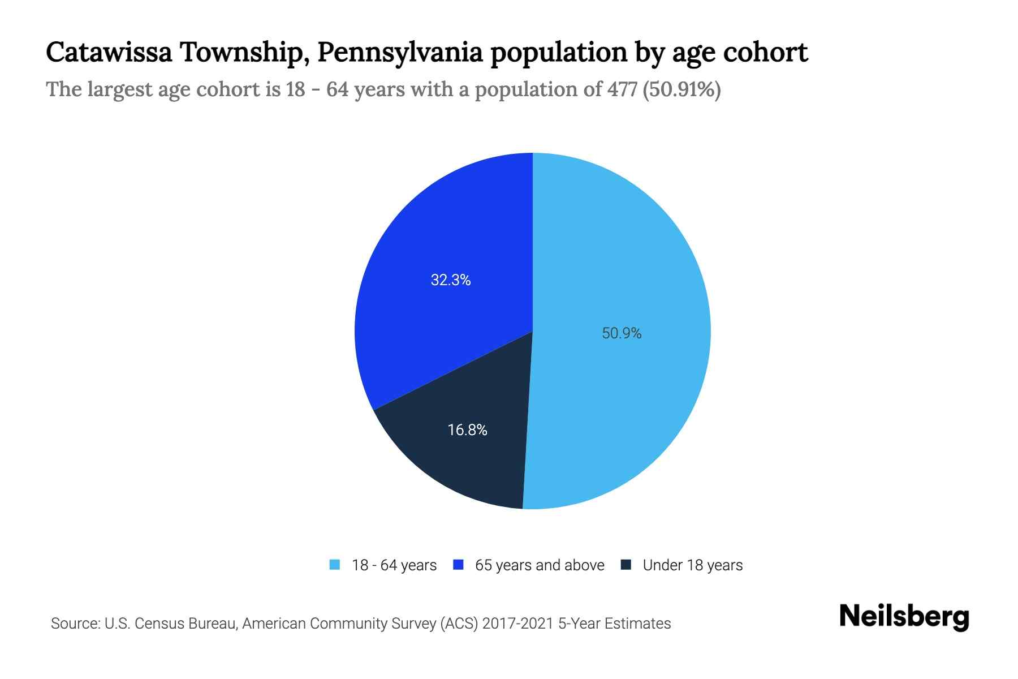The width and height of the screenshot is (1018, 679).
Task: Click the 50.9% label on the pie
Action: coord(622,333)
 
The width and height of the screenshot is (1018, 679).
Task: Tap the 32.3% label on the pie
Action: coord(451,280)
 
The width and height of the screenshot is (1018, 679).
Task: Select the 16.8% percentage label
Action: coord(467,430)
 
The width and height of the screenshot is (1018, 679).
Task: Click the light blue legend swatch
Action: coord(335,565)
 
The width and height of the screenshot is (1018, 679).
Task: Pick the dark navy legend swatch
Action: coord(626,565)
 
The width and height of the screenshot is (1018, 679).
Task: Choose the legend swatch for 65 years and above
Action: coord(459,565)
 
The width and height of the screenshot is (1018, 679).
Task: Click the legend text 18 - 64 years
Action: coord(394,565)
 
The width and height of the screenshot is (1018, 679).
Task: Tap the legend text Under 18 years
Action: coord(692,565)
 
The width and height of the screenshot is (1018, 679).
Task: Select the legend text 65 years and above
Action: coord(540,565)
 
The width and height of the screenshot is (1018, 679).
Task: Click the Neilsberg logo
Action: coord(904,617)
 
